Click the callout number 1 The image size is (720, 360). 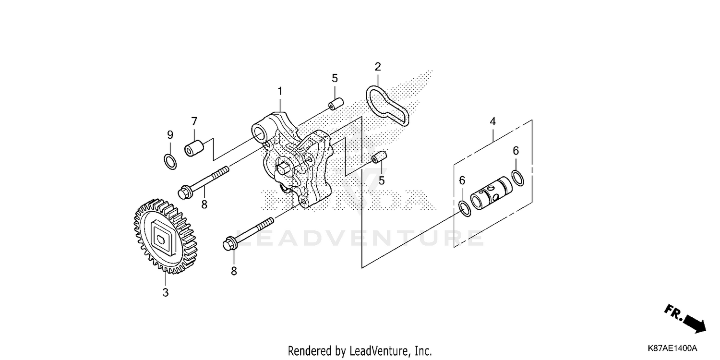tap(280, 91)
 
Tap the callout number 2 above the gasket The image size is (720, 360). tap(378, 66)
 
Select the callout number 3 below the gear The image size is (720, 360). tap(165, 292)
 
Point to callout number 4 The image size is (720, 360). tap(492, 122)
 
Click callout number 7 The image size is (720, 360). tap(194, 121)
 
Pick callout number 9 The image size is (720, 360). tap(170, 135)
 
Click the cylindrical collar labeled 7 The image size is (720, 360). tap(193, 147)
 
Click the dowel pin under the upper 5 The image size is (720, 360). tap(335, 104)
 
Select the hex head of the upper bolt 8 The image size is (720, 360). tap(183, 193)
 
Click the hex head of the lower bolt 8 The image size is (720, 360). tap(228, 244)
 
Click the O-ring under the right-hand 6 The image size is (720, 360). tap(518, 177)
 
